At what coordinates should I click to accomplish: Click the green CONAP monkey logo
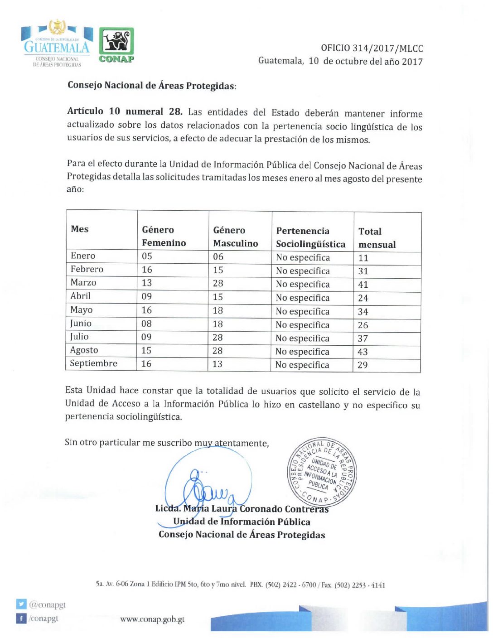(116, 44)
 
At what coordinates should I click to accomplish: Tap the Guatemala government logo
(57, 43)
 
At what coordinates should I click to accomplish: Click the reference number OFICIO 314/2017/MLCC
(372, 48)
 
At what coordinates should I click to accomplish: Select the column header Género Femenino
(164, 236)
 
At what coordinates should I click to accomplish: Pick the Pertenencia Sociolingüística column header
(310, 237)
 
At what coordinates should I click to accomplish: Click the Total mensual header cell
(377, 238)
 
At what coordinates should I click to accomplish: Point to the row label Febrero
(87, 269)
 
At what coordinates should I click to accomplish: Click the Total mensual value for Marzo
(363, 285)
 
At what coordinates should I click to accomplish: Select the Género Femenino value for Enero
(147, 256)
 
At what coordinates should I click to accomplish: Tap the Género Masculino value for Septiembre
(217, 364)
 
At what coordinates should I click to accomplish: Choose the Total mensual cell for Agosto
(362, 352)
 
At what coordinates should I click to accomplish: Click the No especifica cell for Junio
(302, 325)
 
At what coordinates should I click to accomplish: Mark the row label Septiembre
(93, 363)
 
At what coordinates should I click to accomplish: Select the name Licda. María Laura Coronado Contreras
(242, 509)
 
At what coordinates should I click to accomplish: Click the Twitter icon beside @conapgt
(21, 604)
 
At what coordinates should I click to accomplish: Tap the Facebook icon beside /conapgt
(21, 618)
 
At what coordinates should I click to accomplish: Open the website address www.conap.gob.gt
(152, 619)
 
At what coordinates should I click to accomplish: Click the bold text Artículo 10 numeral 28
(125, 111)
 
